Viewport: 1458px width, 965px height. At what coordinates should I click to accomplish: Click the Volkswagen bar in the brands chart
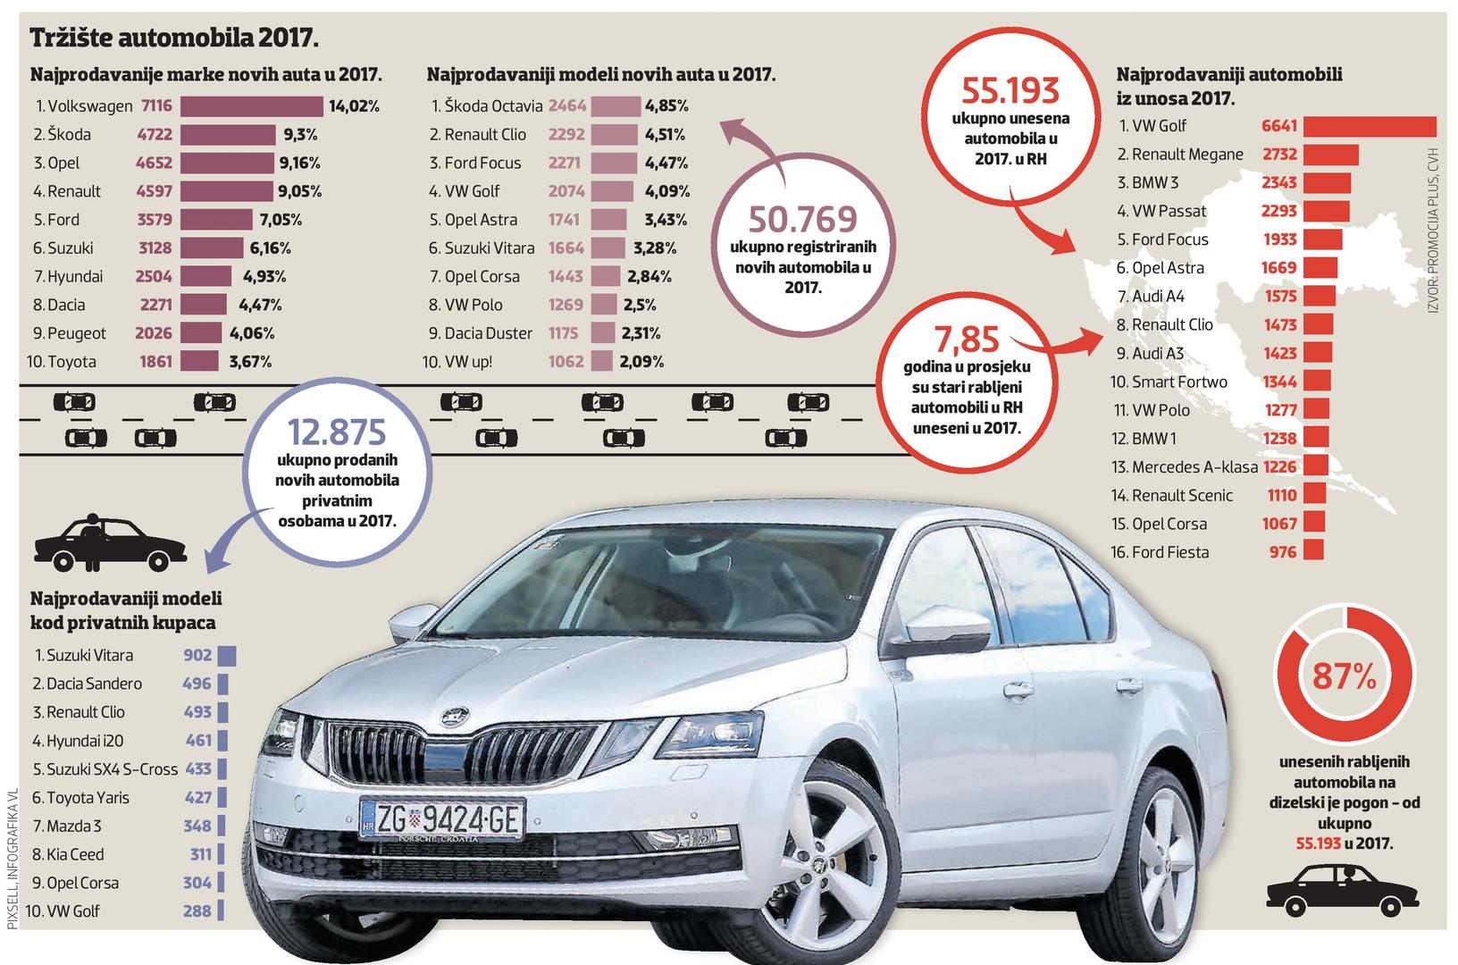click(x=251, y=106)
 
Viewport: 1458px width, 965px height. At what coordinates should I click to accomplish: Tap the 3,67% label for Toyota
click(x=250, y=362)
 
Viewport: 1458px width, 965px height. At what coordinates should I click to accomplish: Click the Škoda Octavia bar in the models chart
click(x=616, y=106)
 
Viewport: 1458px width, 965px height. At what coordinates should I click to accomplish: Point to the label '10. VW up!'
click(x=457, y=362)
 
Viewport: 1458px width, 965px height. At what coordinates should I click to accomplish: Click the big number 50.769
click(x=802, y=220)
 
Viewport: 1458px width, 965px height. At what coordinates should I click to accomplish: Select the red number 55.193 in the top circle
click(x=1010, y=91)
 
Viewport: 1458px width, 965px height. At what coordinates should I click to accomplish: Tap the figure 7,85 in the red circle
click(x=968, y=340)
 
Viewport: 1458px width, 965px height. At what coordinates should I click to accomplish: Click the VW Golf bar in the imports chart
click(x=1370, y=126)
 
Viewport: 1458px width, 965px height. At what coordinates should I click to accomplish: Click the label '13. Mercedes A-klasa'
click(x=1184, y=467)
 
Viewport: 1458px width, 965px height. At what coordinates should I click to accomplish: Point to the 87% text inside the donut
click(x=1344, y=678)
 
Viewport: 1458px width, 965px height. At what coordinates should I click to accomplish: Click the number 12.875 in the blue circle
click(x=337, y=432)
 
